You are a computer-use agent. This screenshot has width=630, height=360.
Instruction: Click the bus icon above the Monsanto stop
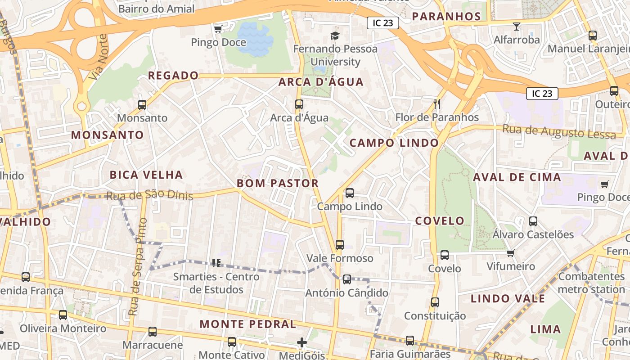click(142, 105)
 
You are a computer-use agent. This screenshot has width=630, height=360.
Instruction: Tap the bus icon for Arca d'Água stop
click(299, 104)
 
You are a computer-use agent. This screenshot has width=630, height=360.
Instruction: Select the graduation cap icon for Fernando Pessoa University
click(335, 36)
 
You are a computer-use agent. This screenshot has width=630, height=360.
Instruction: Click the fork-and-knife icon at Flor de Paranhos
click(436, 104)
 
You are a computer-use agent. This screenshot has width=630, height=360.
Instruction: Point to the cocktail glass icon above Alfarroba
click(517, 27)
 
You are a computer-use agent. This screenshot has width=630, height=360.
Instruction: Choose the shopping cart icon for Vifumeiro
click(510, 253)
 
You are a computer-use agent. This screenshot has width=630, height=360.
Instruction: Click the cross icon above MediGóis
click(302, 343)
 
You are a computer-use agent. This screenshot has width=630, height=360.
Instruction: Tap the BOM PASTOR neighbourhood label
click(278, 183)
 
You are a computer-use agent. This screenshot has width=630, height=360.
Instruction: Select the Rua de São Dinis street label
click(149, 196)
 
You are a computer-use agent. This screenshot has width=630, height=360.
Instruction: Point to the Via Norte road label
click(99, 57)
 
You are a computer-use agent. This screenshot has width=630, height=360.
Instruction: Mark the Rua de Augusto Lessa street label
click(559, 132)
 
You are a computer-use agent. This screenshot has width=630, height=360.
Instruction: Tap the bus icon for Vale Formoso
click(340, 245)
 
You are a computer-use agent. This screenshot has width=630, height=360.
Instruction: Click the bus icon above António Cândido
click(347, 279)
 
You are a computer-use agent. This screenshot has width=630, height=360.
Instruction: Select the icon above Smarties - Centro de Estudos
click(216, 263)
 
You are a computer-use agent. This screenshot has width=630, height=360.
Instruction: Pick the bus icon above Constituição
click(435, 302)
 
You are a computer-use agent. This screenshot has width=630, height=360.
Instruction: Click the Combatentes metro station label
click(591, 283)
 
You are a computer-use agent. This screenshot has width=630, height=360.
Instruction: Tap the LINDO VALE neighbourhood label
click(508, 298)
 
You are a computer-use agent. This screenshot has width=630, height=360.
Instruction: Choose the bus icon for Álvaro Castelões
click(533, 221)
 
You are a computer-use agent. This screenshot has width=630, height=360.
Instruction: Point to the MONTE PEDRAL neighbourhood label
click(248, 324)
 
